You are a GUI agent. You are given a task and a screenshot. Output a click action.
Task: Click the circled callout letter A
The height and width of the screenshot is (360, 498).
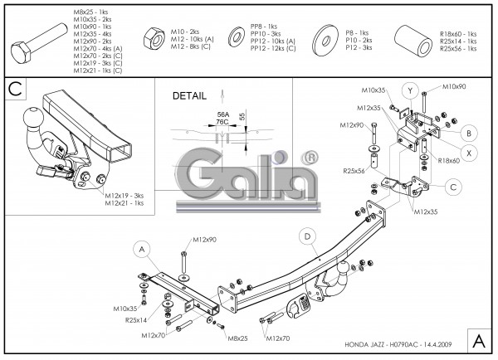coord(141,248)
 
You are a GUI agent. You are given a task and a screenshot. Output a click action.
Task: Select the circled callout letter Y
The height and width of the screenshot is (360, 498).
coord(408,89)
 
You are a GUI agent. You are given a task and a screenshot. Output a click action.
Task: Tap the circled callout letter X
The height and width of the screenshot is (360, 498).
coord(469,153)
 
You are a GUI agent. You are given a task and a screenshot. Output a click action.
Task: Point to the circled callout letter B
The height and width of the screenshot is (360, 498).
coord(469,132)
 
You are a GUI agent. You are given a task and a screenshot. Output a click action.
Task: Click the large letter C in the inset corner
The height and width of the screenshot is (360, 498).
coord(15,89)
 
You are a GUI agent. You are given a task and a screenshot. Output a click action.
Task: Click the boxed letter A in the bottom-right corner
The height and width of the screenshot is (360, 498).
coord(479,341)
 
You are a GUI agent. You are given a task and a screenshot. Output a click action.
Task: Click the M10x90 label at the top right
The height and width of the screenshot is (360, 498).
coord(454,86)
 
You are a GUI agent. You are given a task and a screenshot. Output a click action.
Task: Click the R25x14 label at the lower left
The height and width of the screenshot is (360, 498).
coord(136,319)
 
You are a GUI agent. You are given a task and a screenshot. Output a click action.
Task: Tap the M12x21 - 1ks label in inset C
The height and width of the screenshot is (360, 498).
coord(124,202)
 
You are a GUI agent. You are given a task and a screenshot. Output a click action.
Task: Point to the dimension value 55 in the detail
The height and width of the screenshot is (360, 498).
coord(242,118)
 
